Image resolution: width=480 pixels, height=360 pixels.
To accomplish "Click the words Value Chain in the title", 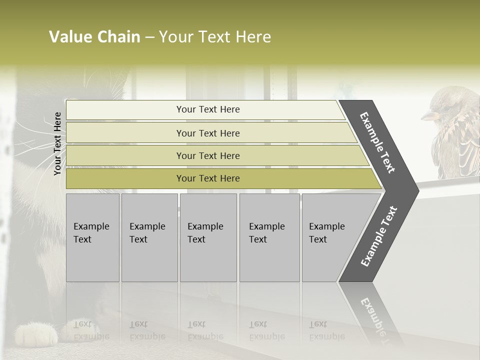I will (x=94, y=37).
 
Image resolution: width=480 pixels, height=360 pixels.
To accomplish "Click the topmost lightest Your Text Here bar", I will (x=207, y=109).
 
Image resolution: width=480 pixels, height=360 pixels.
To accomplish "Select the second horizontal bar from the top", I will (x=207, y=133).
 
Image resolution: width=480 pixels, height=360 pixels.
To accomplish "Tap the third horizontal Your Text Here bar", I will (x=207, y=155).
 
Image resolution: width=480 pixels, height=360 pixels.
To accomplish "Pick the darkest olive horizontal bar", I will (x=207, y=178).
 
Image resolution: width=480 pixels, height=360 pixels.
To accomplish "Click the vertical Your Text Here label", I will (x=57, y=144).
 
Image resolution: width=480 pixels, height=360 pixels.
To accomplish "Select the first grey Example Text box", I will (x=92, y=237).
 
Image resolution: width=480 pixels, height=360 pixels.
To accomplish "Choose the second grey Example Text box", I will (x=149, y=237).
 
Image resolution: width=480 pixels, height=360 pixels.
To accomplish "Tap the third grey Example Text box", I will (x=208, y=237).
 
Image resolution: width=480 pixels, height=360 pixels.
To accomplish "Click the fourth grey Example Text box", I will (x=269, y=237).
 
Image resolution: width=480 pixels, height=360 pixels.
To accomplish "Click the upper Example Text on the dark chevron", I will (x=377, y=142).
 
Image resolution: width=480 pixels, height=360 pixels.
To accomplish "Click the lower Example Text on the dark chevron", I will (x=379, y=236).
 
